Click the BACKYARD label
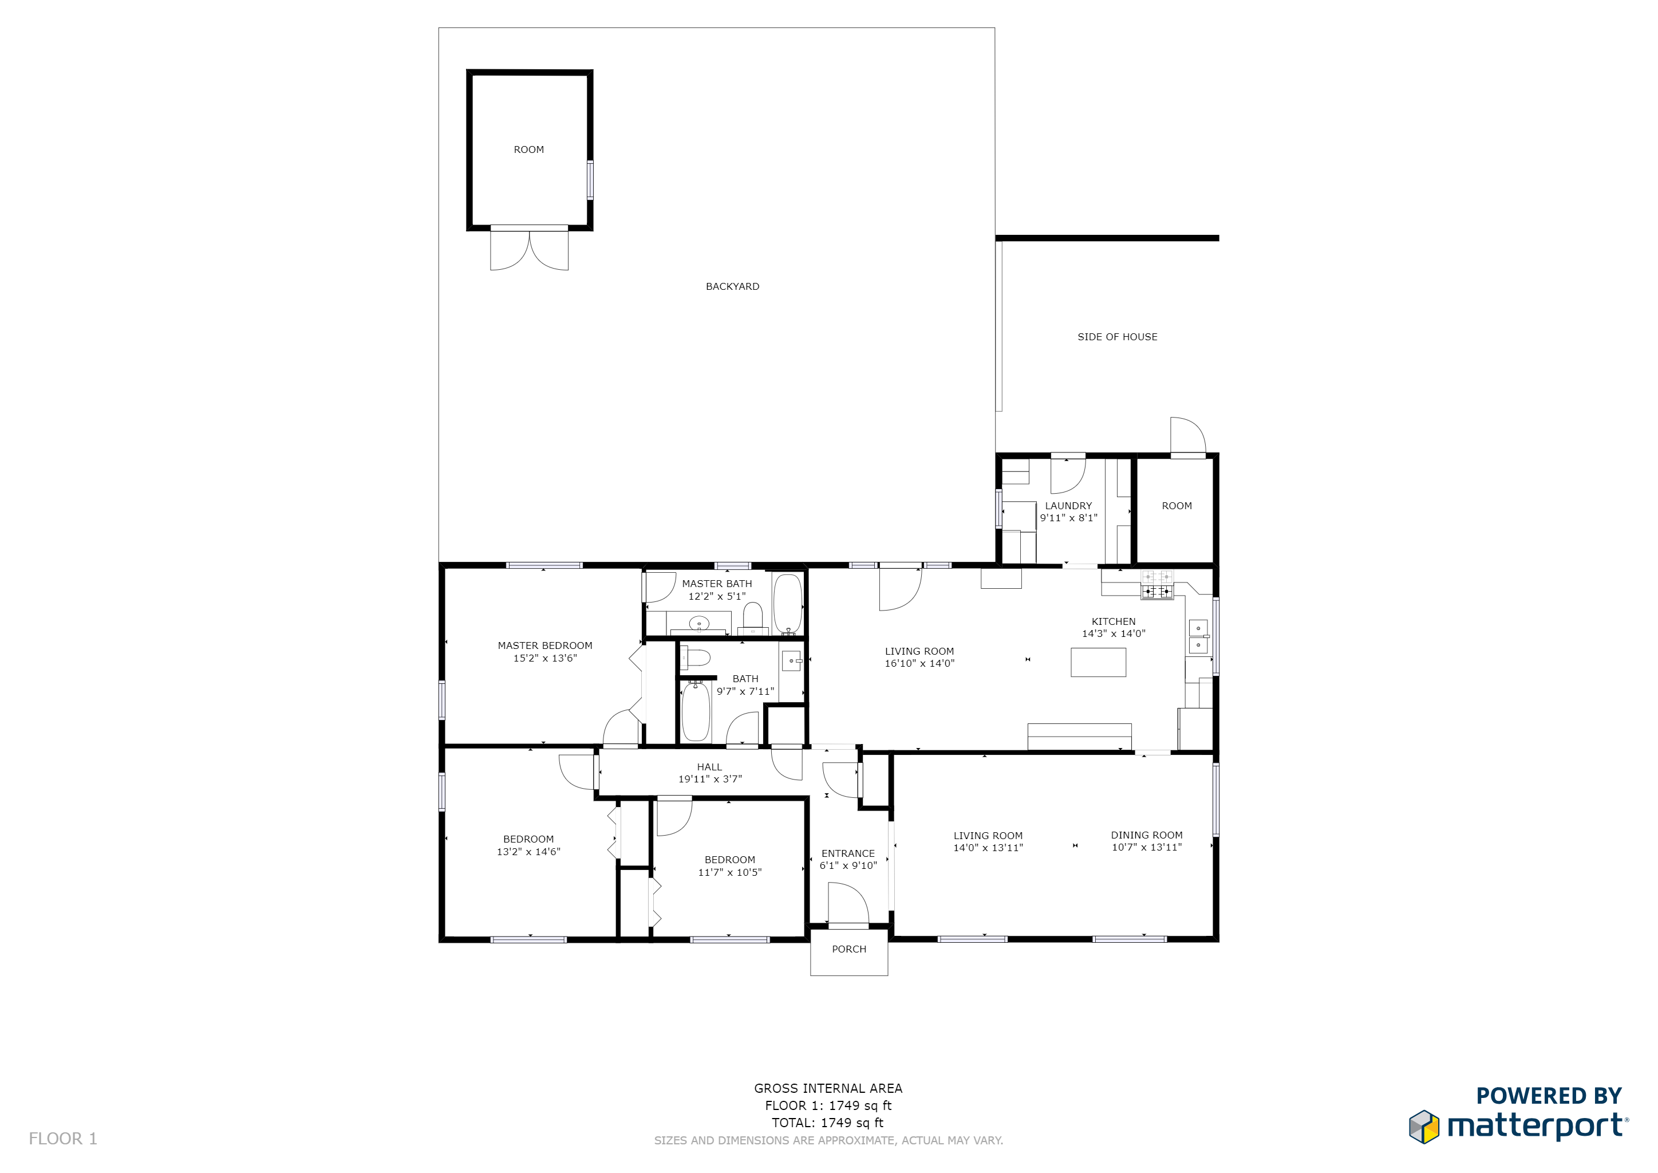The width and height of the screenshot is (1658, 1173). [x=732, y=287]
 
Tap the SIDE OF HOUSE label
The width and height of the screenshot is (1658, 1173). [x=1117, y=337]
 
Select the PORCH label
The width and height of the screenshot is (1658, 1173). [x=848, y=949]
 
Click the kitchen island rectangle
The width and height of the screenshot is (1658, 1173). [x=1098, y=662]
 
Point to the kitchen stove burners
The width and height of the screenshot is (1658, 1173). [x=1157, y=585]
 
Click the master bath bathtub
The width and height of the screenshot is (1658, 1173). [x=788, y=604]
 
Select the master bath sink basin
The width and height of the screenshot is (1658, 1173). [x=698, y=623]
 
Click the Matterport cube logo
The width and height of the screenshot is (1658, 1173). [x=1424, y=1127]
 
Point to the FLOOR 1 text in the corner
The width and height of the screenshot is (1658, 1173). [x=63, y=1139]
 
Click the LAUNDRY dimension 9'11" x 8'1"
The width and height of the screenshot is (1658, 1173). [x=1068, y=518]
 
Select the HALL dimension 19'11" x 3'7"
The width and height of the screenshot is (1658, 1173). [x=710, y=778]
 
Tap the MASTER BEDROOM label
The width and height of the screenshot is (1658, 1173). [x=544, y=645]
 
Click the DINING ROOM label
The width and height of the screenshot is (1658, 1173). [x=1147, y=835]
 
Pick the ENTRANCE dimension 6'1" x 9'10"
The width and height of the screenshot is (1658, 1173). [x=848, y=865]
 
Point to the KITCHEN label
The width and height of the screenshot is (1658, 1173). [x=1114, y=621]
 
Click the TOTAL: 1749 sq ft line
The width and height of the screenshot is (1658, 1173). [x=827, y=1123]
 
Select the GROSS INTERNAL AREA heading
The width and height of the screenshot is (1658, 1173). [x=828, y=1088]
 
